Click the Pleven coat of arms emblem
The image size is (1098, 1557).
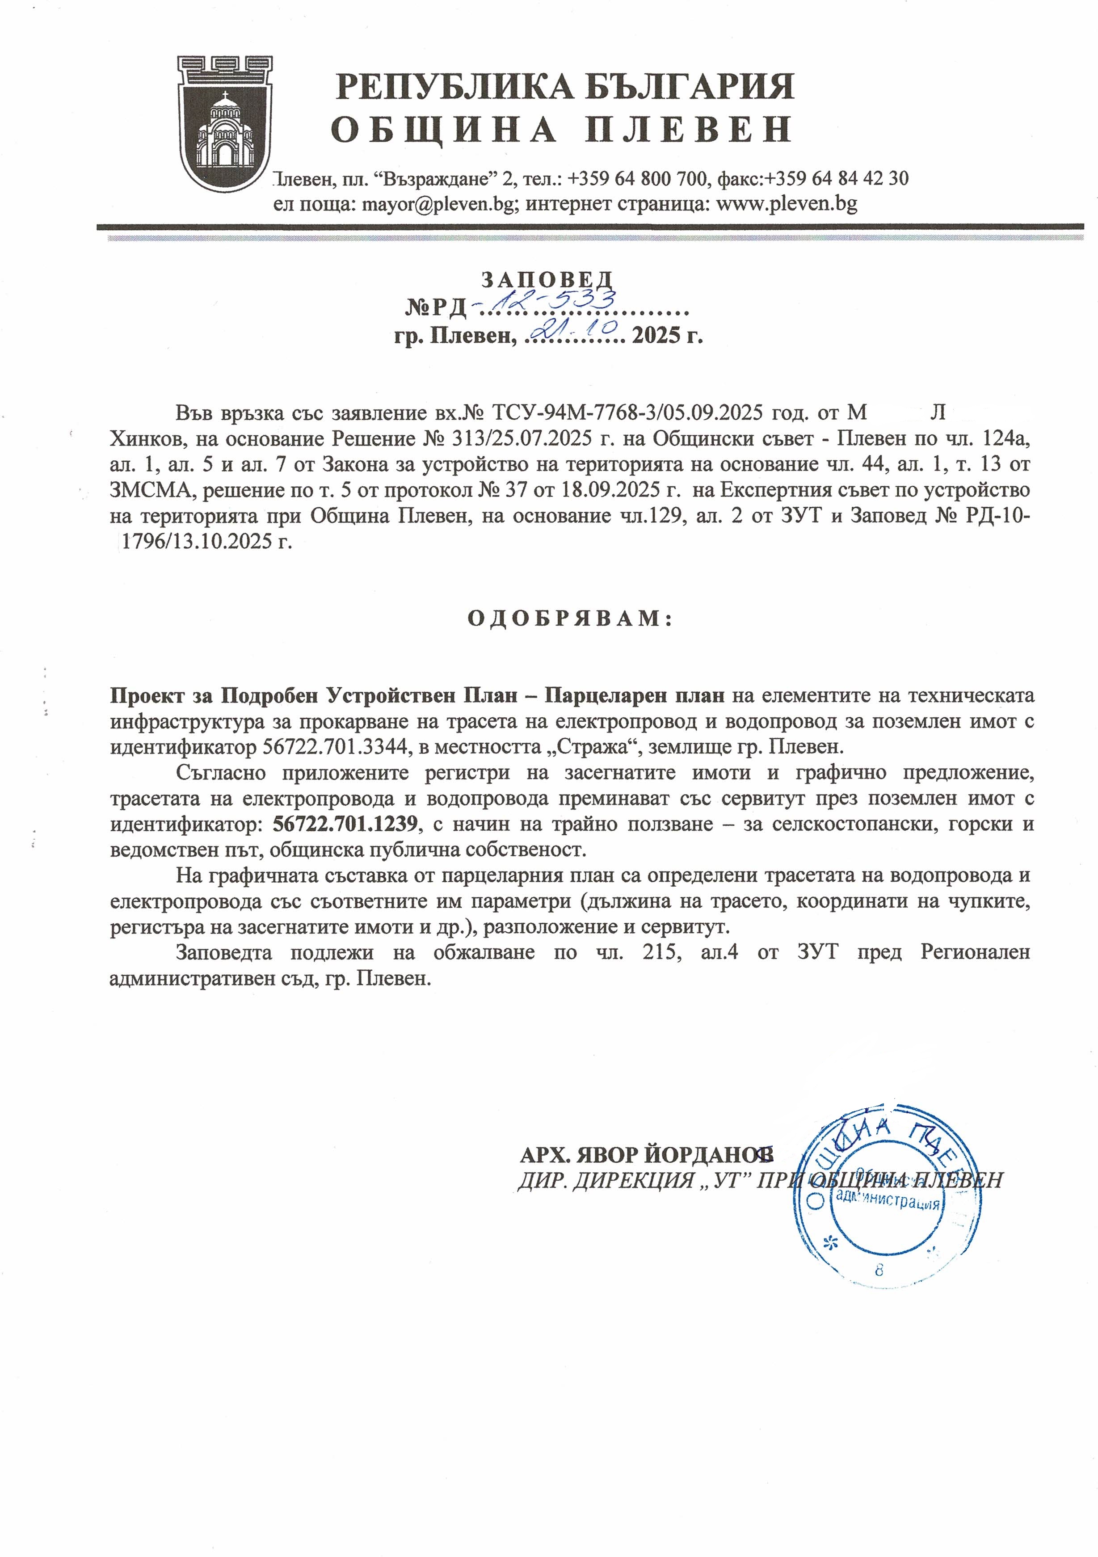(x=224, y=123)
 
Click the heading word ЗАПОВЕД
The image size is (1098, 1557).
(x=547, y=279)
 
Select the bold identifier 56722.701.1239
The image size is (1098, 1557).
(x=345, y=824)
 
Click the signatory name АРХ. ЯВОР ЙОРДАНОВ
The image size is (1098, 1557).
(x=646, y=1153)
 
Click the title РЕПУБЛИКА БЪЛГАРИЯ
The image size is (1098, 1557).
(x=565, y=87)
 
